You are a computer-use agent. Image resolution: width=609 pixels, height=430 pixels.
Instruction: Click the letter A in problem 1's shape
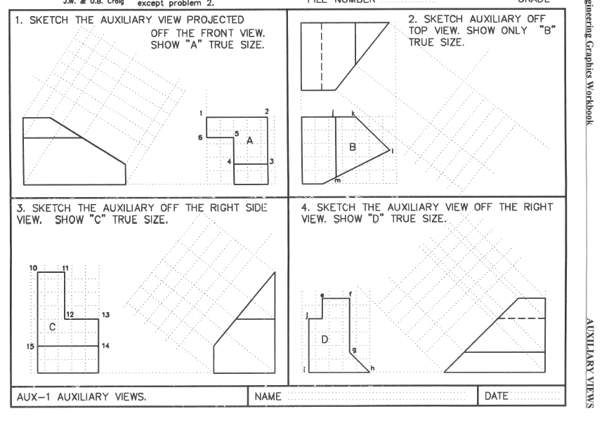tap(249, 140)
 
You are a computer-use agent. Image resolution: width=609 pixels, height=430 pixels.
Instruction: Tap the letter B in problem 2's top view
tap(353, 147)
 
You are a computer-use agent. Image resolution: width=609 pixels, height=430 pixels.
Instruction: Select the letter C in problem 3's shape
tap(52, 328)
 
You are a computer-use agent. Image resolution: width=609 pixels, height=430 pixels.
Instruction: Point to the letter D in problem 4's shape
tap(325, 340)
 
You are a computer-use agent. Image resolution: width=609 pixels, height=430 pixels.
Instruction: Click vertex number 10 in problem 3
tap(32, 268)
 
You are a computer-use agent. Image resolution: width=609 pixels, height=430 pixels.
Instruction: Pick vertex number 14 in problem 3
tap(105, 346)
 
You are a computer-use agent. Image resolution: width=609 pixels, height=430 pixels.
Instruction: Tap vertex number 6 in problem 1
tap(200, 137)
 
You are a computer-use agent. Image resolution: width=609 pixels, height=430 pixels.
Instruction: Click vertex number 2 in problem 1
tap(266, 112)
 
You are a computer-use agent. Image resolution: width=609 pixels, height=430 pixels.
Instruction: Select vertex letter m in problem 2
tap(337, 181)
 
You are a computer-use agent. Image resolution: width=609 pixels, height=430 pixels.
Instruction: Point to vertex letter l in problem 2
tap(393, 150)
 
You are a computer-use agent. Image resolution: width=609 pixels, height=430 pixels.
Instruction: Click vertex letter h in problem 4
tap(372, 368)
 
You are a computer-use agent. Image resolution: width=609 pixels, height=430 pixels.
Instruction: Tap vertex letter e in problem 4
tap(322, 295)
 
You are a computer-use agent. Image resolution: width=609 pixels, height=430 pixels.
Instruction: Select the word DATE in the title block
tap(496, 397)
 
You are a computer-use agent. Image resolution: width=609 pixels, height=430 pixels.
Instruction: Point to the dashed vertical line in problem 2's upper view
tap(321, 56)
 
